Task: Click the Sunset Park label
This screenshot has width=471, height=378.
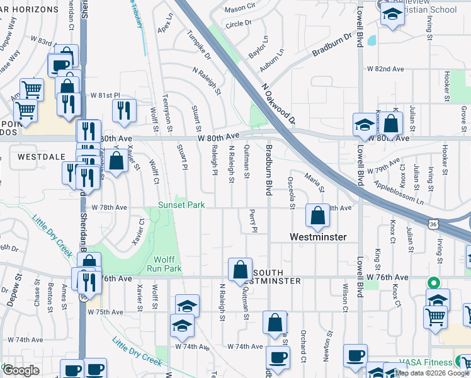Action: click(x=181, y=205)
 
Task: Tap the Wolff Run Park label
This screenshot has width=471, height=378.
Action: click(x=167, y=264)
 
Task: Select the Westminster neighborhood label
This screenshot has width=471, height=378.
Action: click(x=318, y=237)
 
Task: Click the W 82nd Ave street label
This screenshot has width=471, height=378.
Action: click(x=380, y=68)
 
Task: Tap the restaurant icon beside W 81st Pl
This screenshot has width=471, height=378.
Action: click(x=123, y=110)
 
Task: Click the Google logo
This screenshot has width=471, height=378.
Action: click(x=21, y=370)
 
